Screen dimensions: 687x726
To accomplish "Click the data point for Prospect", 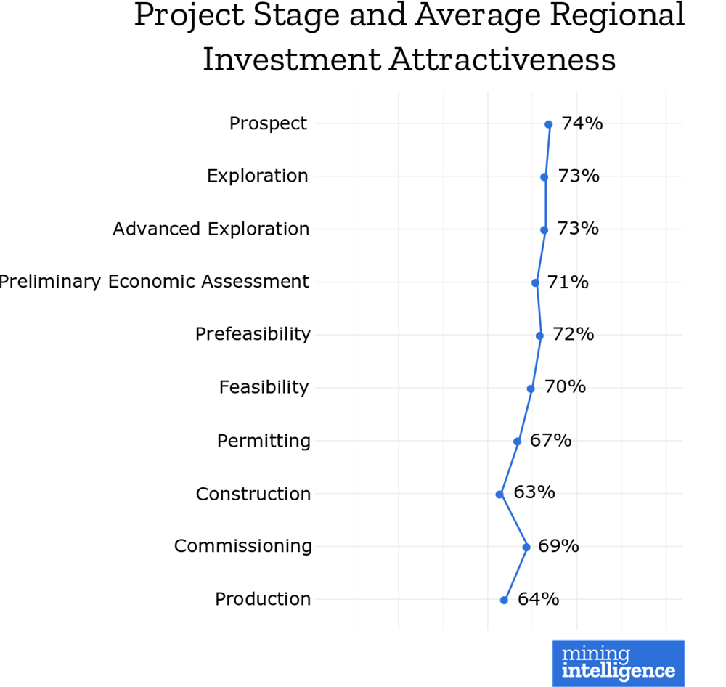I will [x=548, y=125].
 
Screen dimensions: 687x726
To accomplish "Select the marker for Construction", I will [x=499, y=495].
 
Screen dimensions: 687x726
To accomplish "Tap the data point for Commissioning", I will [x=526, y=547].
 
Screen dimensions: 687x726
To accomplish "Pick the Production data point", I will [x=504, y=600].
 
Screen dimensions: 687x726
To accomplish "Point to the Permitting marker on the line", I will [x=518, y=442].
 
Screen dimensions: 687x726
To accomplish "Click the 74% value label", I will [x=582, y=123].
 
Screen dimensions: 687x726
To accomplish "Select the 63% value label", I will [x=534, y=492].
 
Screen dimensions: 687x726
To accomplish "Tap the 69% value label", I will [x=558, y=545].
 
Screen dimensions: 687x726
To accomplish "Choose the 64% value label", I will [x=538, y=598].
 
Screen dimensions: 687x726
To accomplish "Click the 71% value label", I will [x=568, y=282].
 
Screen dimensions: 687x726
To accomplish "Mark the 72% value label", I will [x=574, y=334].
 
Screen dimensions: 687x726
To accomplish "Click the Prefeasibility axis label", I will [x=253, y=334].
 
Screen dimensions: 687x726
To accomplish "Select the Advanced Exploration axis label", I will [x=211, y=229].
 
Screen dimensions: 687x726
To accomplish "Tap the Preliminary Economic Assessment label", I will [x=154, y=282].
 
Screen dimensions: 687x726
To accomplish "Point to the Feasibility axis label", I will [x=264, y=387].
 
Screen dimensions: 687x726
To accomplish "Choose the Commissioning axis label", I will [x=242, y=545].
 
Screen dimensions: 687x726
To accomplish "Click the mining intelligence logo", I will [x=618, y=663].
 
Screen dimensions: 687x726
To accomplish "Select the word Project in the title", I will [x=181, y=16].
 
